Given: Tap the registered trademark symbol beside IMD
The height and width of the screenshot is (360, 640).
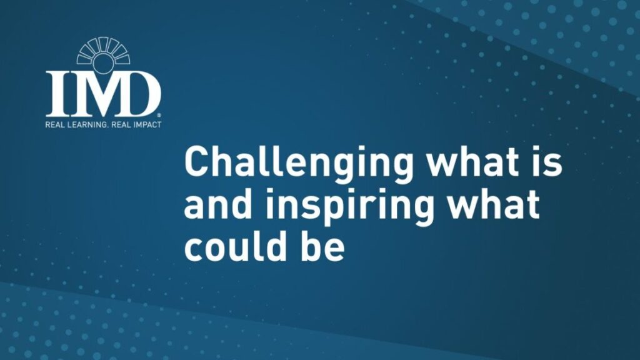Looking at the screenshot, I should point(159,116).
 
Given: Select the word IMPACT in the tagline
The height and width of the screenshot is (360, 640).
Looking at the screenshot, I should point(145,124).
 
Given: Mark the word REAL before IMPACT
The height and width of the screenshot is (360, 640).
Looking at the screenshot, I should point(118,124).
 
